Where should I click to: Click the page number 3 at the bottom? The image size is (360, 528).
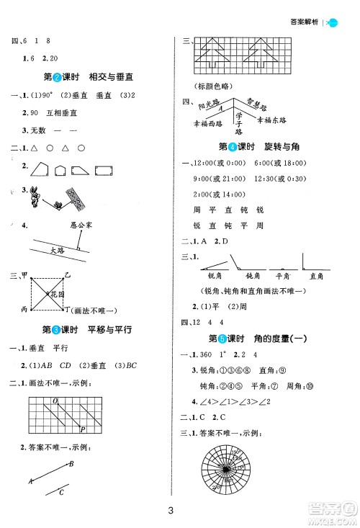coord(171,511)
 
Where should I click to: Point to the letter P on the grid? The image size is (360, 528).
coord(82,429)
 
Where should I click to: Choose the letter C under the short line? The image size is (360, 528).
coord(62,493)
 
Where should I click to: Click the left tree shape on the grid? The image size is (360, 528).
coord(214,55)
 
